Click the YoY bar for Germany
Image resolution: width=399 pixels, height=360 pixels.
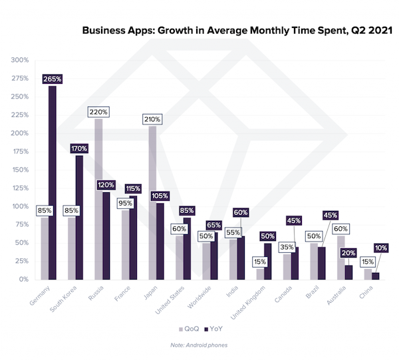[x=52, y=183]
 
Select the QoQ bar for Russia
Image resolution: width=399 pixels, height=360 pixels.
[x=98, y=200]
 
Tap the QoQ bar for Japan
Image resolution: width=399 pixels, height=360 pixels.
[x=152, y=203]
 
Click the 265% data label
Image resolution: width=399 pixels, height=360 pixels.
[x=52, y=79]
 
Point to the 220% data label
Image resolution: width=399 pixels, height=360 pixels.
[x=98, y=112]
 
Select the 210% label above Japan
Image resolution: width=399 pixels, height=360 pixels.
[x=152, y=119]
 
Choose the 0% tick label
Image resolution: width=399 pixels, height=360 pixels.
[x=22, y=279]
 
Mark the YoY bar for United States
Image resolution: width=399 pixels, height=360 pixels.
[x=186, y=248]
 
